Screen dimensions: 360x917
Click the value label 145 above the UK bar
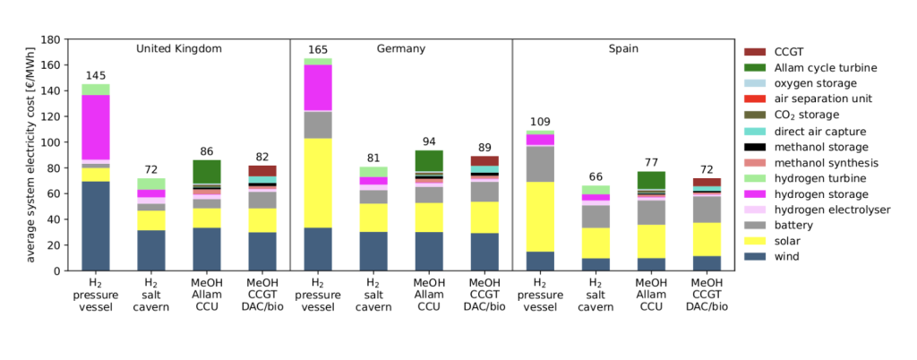pos(96,75)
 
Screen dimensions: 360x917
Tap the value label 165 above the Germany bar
pos(318,49)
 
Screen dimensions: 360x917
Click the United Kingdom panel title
pos(179,48)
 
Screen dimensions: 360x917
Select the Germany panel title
pos(400,48)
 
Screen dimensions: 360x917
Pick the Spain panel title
pos(622,48)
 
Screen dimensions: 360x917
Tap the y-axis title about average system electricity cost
pos(30,155)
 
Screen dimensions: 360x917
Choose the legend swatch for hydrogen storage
pos(756,194)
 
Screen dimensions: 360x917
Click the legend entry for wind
pos(793,258)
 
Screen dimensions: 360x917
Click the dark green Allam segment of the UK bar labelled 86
pos(207,172)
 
